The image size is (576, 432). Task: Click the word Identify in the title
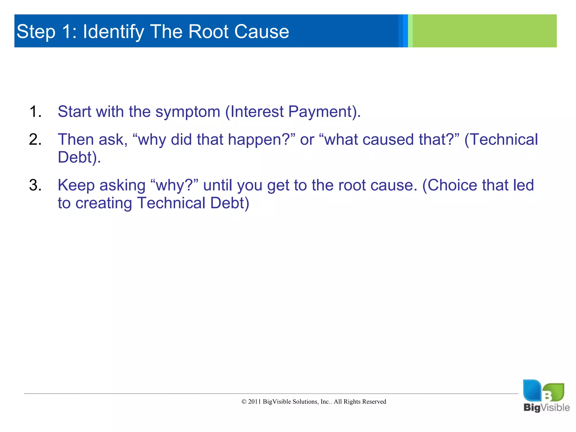tap(113, 31)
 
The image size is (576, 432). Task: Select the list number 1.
tap(35, 112)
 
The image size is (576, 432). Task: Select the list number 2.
tap(35, 140)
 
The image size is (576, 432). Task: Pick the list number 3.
tap(35, 185)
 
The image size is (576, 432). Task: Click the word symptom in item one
tap(188, 112)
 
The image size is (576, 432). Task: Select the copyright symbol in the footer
tap(244, 402)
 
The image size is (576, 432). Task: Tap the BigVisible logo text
tap(546, 408)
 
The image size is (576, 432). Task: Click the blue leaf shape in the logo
tap(532, 390)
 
